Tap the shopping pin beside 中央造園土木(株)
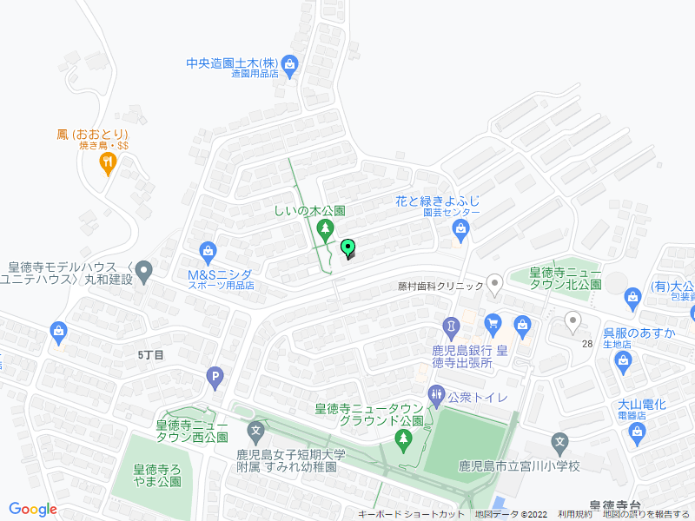pos(289,63)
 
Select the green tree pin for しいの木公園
pos(326,230)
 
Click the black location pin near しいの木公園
pos(349,249)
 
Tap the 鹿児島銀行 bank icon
pos(452,327)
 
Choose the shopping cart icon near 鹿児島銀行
pos(493,324)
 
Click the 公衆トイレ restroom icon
pos(436,396)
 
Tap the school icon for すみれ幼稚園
pos(256,430)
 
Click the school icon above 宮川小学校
pos(561,443)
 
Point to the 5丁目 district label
pos(150,354)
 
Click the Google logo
pos(33,510)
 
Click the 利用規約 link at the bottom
pos(575,514)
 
